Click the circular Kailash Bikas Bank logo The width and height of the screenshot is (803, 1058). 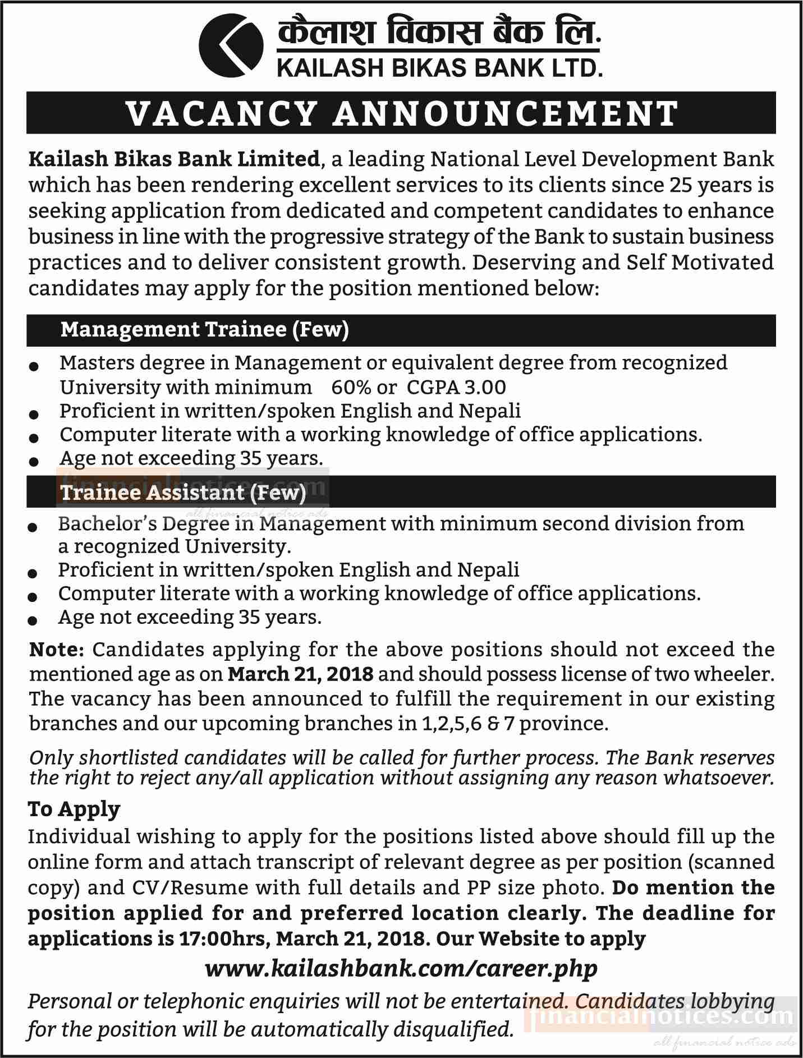(x=231, y=46)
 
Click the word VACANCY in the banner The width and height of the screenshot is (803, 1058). (x=222, y=113)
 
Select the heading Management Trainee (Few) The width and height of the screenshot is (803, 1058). (x=205, y=329)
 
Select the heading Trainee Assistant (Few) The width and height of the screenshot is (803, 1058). (x=183, y=492)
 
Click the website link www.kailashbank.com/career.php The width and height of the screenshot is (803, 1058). (x=401, y=968)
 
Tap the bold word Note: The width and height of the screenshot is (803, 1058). (x=56, y=650)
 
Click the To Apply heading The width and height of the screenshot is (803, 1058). (x=74, y=809)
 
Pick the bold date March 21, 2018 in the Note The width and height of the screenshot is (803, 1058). (x=300, y=674)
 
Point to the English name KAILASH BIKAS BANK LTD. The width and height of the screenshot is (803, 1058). (x=439, y=68)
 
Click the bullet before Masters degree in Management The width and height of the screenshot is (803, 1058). (x=34, y=366)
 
